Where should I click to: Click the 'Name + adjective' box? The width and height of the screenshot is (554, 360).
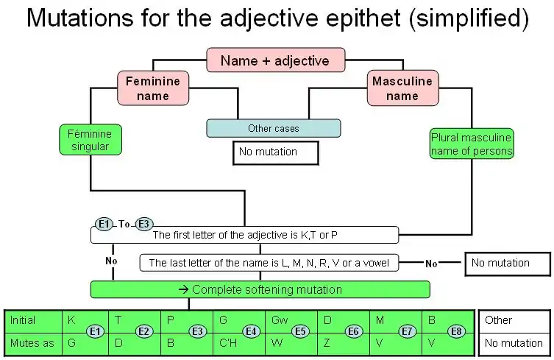point(274,61)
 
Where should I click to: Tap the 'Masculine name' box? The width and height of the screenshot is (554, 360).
point(402,88)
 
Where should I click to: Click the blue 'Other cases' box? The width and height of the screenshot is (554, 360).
point(273,128)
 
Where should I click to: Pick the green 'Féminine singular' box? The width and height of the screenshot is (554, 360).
point(90,140)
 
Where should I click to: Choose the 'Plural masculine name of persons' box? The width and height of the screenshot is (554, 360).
point(472,144)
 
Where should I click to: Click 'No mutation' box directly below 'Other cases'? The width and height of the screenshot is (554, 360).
point(275,152)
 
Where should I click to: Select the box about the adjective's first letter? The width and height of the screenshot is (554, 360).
point(244,236)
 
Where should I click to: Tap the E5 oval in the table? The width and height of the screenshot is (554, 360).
point(300,331)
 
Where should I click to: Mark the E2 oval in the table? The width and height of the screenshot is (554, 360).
point(143,331)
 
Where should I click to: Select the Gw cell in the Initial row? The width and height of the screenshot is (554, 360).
point(280,320)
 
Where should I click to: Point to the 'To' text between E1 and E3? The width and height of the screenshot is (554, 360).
point(124,224)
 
